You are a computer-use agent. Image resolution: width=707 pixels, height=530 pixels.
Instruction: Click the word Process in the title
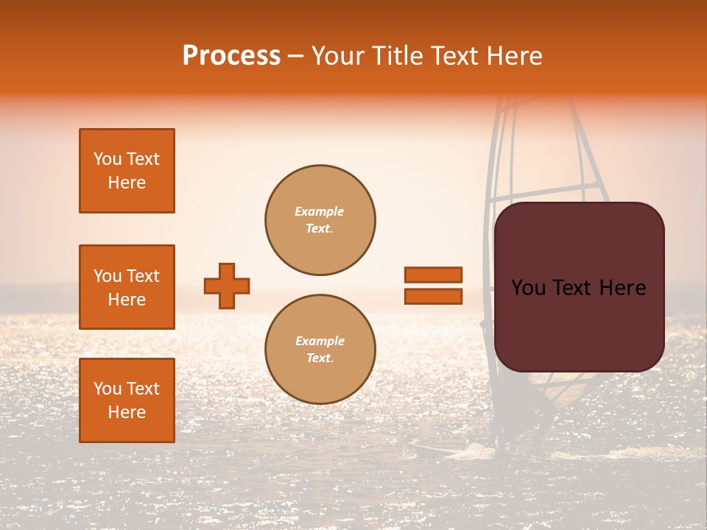point(231,56)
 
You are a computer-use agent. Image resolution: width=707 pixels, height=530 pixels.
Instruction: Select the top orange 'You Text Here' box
point(127,171)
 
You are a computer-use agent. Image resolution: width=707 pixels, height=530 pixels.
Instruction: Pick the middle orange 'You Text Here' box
point(127,287)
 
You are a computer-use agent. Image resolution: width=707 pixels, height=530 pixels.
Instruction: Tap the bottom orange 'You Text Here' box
point(127,400)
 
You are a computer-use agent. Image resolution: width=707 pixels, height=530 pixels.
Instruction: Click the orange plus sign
point(227,286)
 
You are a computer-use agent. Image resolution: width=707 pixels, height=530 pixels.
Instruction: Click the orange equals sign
point(433,286)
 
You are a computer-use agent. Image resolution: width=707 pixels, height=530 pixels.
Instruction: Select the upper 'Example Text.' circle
point(320,220)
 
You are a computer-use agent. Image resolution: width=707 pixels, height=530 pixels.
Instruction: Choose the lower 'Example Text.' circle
point(320,350)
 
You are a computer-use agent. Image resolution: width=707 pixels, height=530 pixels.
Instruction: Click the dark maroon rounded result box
point(579,287)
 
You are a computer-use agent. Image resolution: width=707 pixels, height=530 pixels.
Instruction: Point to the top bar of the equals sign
point(433,275)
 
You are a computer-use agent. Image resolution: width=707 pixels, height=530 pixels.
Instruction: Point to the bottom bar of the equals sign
point(433,296)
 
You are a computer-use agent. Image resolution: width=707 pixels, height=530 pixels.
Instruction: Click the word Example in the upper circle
point(320,211)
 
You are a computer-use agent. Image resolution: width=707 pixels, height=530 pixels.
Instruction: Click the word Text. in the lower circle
point(320,358)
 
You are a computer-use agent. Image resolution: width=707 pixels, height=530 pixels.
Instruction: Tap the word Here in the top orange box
point(127,183)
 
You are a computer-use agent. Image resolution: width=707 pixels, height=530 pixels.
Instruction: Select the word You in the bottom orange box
point(108,389)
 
